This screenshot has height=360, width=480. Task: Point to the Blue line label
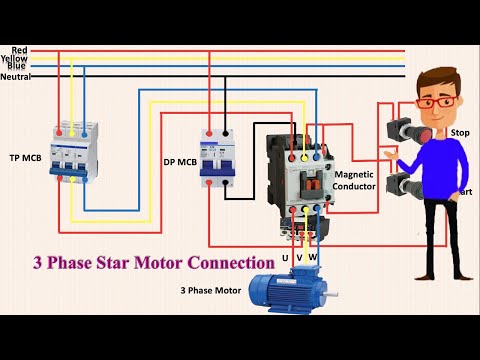tap(19, 67)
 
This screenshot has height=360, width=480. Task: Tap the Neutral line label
tap(15, 76)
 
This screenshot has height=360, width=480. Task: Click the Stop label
tap(460, 132)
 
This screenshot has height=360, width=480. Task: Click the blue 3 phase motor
tap(289, 293)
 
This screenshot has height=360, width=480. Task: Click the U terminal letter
tap(284, 258)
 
